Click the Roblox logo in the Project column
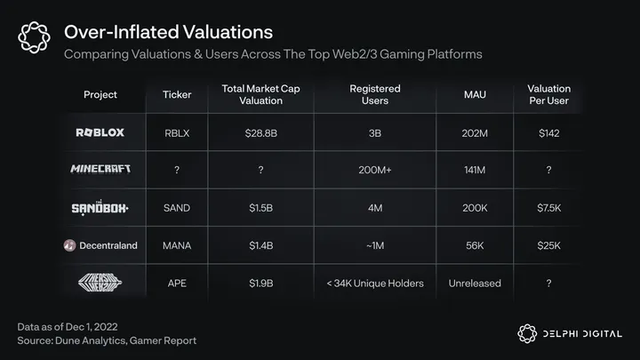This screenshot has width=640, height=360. pos(100,132)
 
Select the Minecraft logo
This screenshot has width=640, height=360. pos(100,170)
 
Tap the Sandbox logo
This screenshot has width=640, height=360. pos(100,208)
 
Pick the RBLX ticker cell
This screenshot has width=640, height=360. pos(177,132)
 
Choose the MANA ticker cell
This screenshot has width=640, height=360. pos(177,245)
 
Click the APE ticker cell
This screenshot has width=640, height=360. pos(177,283)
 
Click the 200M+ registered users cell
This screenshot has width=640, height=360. pos(374,170)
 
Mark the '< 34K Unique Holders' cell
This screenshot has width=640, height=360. pos(374,283)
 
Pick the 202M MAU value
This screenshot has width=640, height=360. pos(475,132)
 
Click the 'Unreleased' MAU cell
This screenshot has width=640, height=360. pos(475,283)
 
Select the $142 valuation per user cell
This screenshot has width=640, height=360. pos(548,132)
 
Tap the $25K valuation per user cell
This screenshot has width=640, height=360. pos(548,245)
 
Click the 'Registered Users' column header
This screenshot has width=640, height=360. pos(374,94)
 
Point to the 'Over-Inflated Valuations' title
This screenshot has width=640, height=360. pos(169,33)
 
